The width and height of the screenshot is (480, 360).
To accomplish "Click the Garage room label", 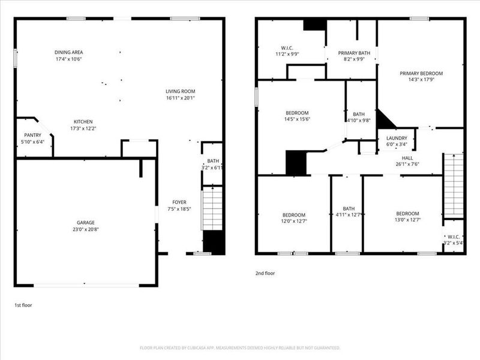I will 85,223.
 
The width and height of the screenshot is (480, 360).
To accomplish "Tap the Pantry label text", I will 32,136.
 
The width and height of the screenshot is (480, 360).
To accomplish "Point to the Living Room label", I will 181,91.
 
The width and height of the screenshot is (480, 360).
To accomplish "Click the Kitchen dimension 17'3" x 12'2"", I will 83,128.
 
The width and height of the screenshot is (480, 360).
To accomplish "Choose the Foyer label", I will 179,202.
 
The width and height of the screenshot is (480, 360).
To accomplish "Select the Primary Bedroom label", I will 420,74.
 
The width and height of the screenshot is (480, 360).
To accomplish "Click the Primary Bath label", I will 354,53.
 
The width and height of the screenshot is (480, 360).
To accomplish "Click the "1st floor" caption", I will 23,305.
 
